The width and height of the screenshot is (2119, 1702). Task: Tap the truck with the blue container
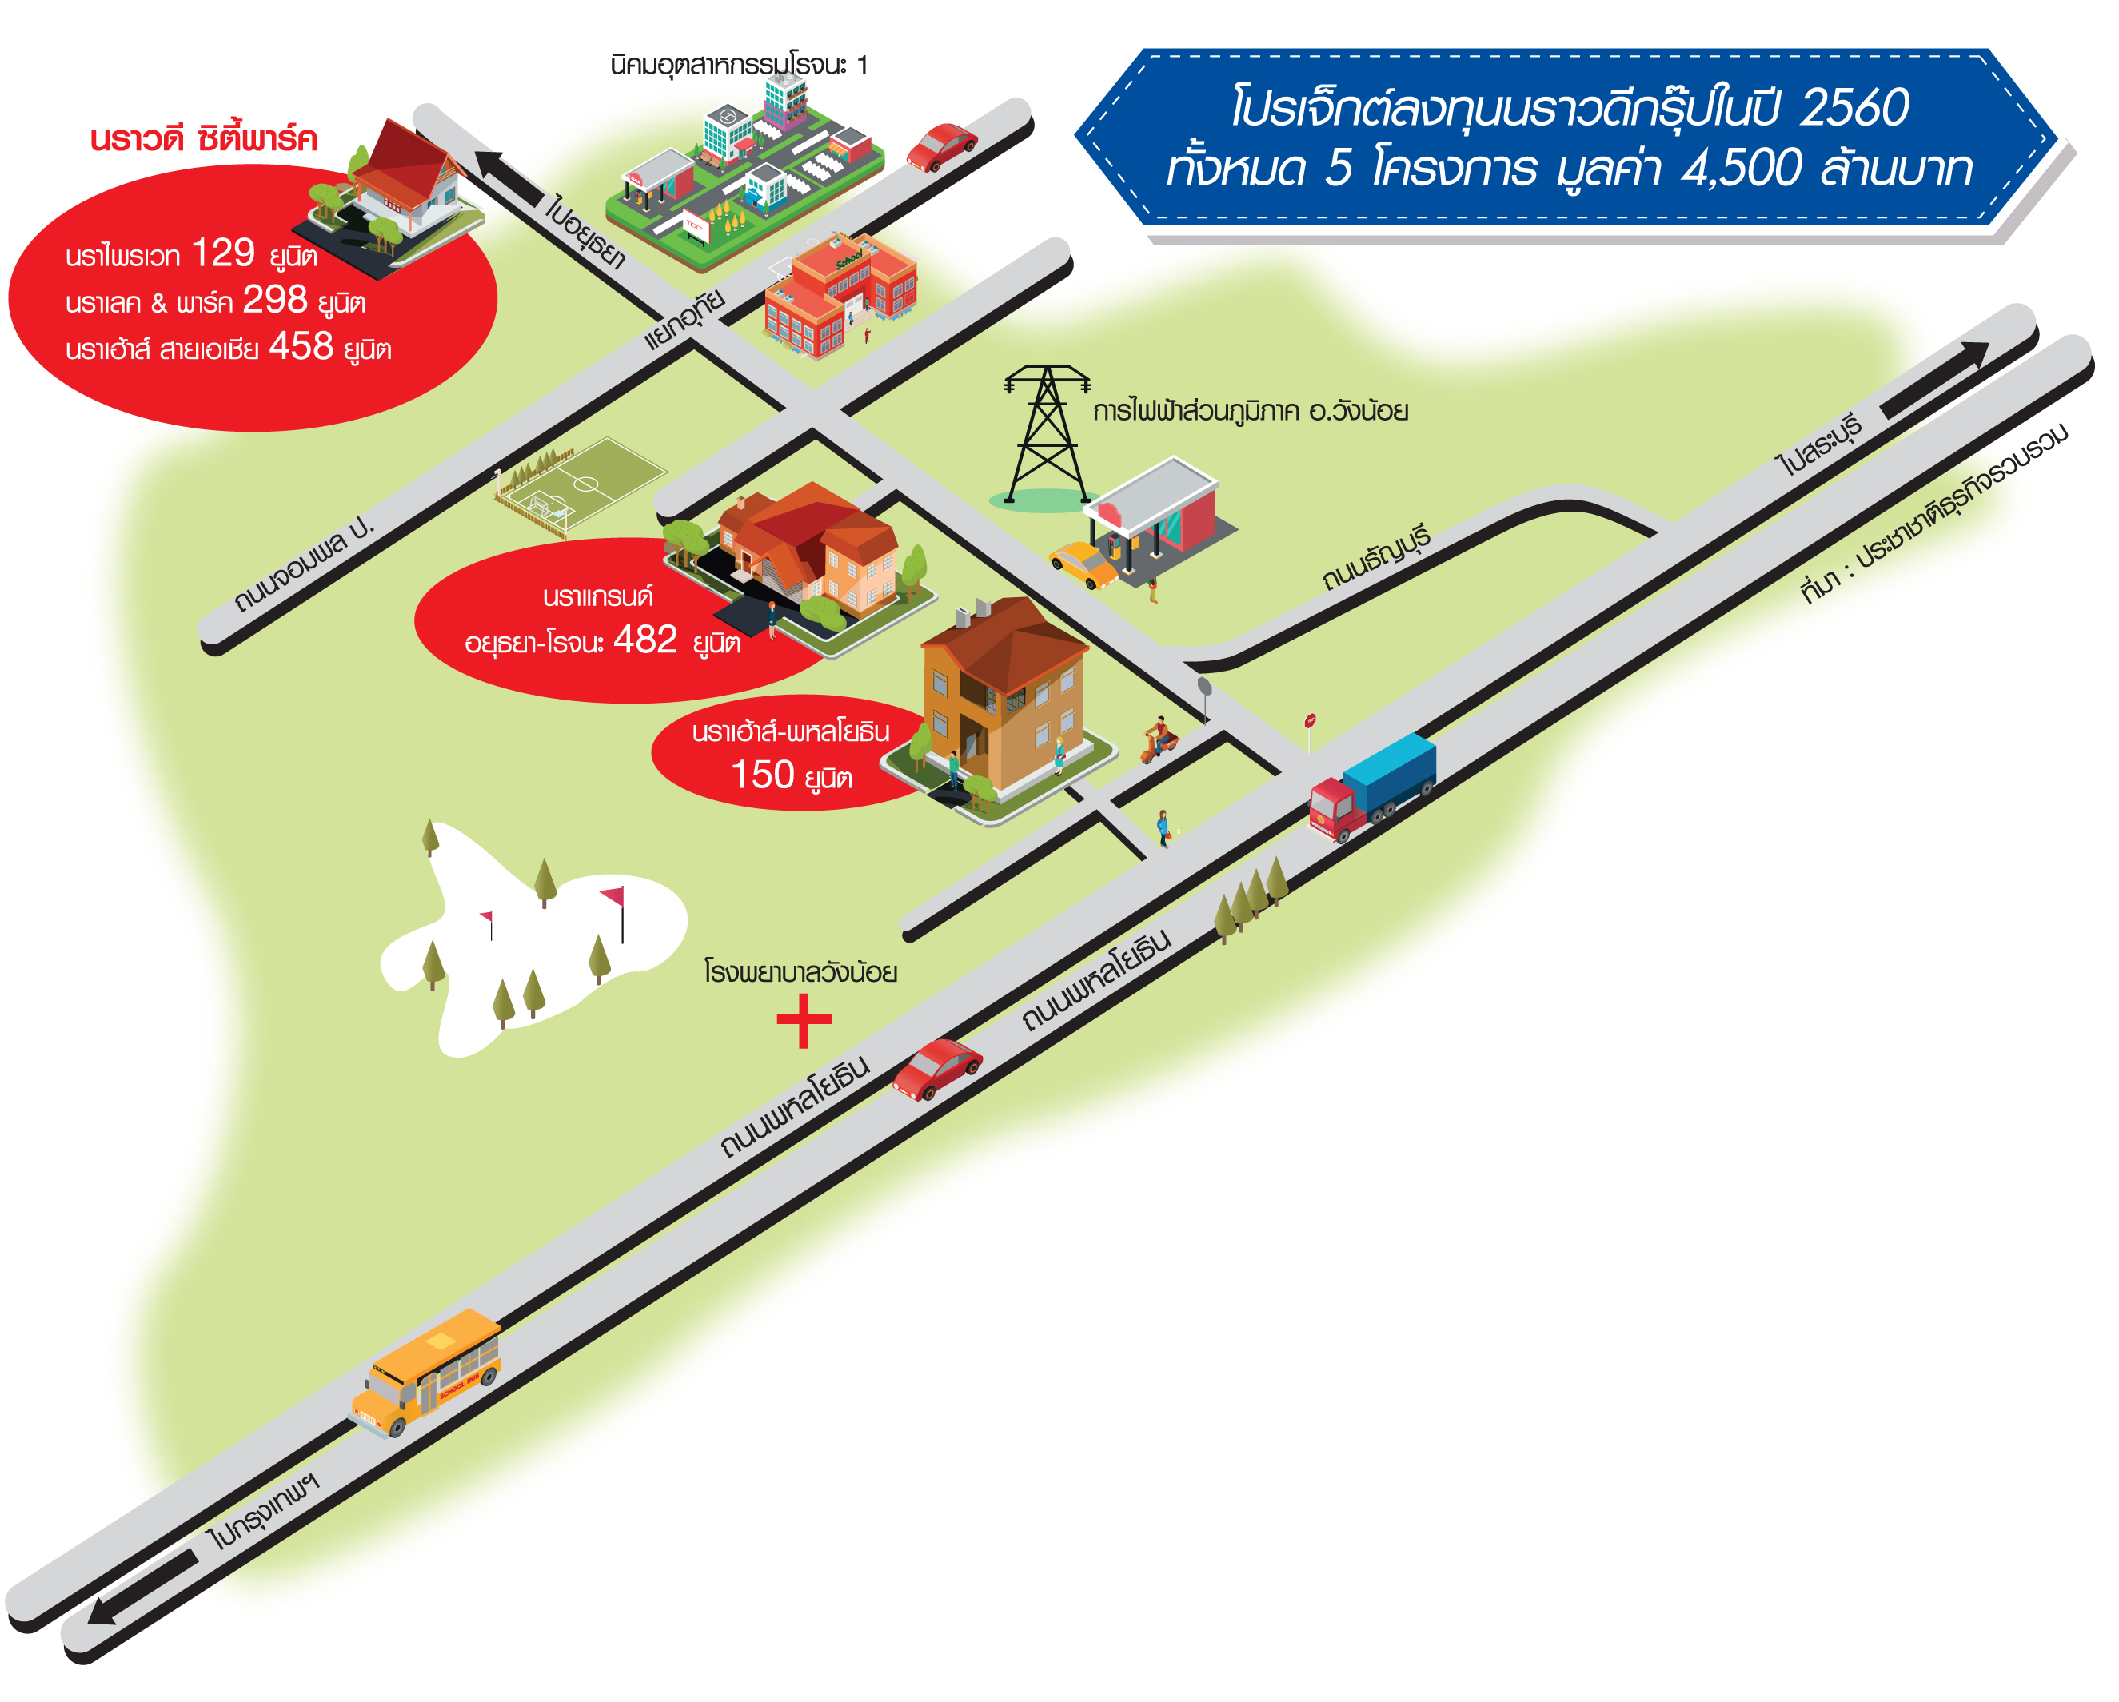click(1372, 786)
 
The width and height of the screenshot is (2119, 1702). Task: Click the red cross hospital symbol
click(804, 1021)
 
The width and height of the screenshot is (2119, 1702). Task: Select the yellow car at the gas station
click(1083, 565)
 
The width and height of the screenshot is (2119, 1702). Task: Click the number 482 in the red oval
click(646, 640)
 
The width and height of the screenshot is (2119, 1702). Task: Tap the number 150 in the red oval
click(763, 775)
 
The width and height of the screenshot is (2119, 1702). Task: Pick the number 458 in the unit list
click(301, 346)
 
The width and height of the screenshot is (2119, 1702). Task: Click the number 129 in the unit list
click(223, 253)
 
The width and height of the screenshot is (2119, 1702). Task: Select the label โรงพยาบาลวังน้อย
click(801, 972)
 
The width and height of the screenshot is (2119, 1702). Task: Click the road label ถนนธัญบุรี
click(1376, 557)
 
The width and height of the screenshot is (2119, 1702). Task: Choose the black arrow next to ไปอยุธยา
click(508, 177)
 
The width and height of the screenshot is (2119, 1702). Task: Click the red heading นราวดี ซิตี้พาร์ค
click(203, 138)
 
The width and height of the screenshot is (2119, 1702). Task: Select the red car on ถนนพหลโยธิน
click(936, 1069)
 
